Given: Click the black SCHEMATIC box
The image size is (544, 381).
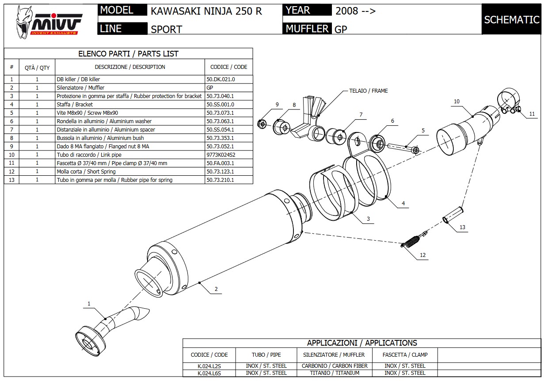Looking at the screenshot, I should tap(511, 19).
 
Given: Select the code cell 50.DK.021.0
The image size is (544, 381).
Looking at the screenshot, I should tap(221, 79).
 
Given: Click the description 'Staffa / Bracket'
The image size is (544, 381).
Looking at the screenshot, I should tap(75, 105).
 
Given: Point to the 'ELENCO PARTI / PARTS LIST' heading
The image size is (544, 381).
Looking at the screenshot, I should tap(128, 54).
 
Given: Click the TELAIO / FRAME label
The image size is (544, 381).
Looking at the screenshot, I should tap(368, 91).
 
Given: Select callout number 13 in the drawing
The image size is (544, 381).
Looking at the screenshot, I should tap(462, 227).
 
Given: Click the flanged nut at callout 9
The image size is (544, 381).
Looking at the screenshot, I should tap(262, 124).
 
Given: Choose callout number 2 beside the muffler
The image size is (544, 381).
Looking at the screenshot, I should tap(216, 290).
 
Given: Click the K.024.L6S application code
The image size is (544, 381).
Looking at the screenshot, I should tap(209, 373).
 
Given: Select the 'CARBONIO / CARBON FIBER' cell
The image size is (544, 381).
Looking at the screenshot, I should tap(335, 366).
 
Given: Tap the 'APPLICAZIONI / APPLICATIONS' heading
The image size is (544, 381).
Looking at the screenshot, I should tap(361, 343).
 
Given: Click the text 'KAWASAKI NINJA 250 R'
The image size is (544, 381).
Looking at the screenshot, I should tap(206, 11).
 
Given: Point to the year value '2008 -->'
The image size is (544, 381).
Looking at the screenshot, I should tap(356, 11).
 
